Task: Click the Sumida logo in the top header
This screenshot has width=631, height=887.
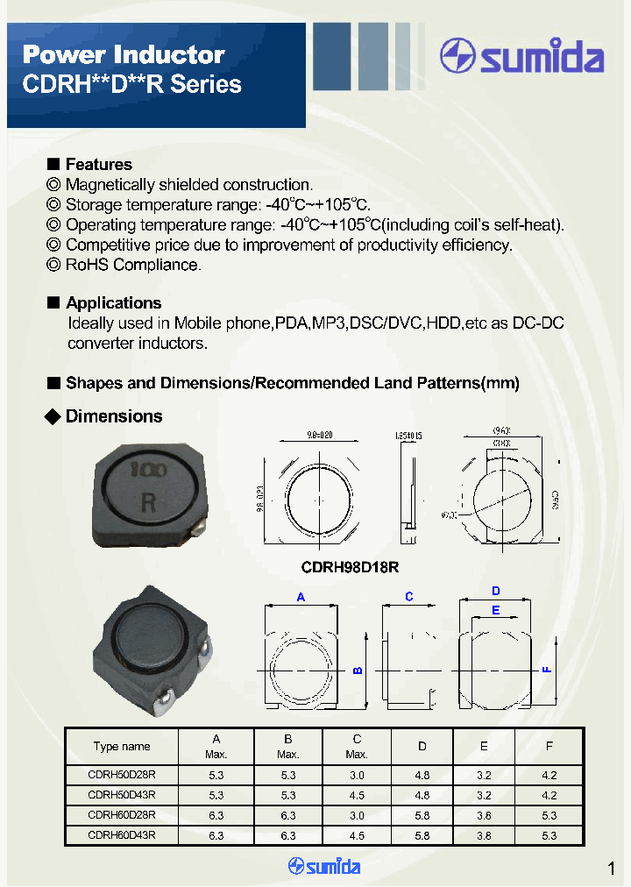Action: click(x=522, y=57)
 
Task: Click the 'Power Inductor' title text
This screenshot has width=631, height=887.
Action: click(x=124, y=54)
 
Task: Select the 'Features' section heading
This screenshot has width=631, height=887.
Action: click(x=99, y=165)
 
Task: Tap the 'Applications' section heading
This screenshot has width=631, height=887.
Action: click(x=113, y=303)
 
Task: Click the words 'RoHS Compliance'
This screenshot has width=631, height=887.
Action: click(x=133, y=265)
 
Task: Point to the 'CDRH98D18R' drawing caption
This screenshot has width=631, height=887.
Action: click(x=350, y=567)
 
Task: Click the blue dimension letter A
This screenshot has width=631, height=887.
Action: click(x=301, y=597)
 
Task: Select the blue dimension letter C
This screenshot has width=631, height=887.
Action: click(x=408, y=597)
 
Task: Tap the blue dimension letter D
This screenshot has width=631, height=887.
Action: click(x=495, y=591)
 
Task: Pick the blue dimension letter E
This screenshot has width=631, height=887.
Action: click(x=495, y=610)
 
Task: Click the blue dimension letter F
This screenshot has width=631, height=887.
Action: click(x=546, y=670)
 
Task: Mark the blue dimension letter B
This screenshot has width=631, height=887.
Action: click(x=357, y=671)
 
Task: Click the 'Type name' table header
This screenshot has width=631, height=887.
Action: click(x=122, y=747)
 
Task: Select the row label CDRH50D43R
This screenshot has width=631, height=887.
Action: click(x=122, y=795)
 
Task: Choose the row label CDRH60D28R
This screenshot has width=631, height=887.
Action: click(x=122, y=815)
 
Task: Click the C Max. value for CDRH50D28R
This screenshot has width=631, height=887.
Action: click(x=357, y=776)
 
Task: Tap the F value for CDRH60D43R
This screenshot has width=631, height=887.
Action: click(x=549, y=835)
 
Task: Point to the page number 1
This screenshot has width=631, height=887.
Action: click(x=611, y=869)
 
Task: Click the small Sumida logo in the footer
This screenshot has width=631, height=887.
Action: click(x=324, y=867)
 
